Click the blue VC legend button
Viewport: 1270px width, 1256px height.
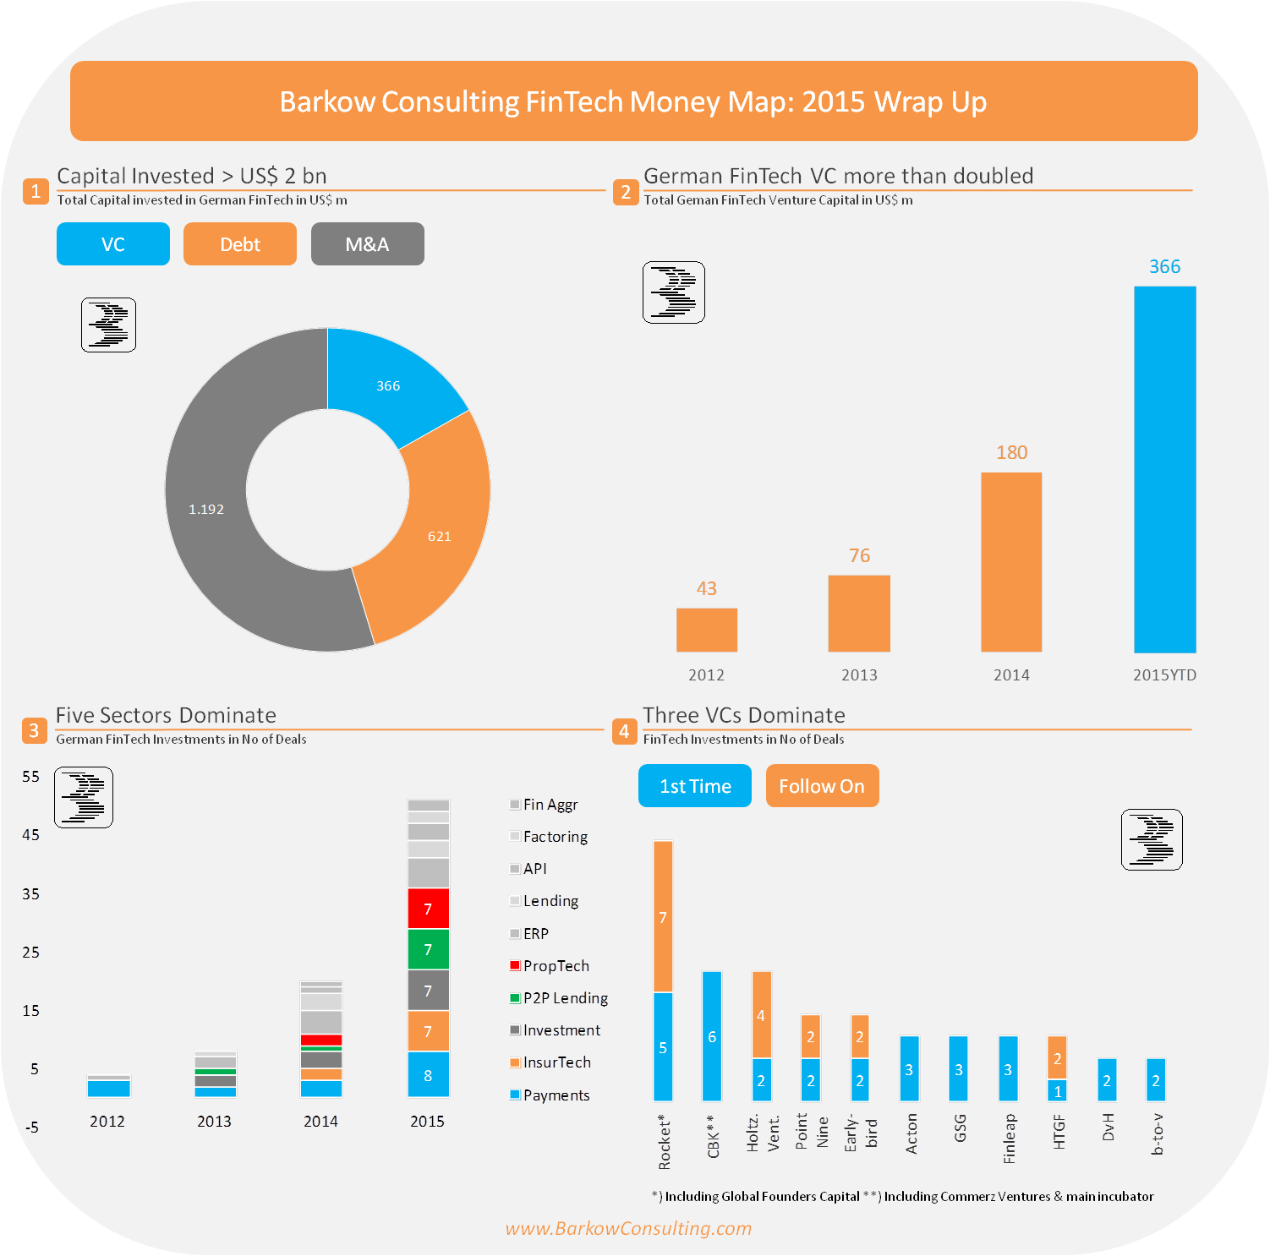[x=113, y=244]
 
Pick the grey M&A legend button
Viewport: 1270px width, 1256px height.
[x=367, y=244]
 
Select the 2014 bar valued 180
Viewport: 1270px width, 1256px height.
[x=1011, y=562]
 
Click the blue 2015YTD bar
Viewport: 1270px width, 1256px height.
[x=1164, y=469]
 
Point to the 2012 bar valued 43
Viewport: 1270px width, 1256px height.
[x=707, y=630]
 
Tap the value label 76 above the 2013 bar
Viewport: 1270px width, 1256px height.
[x=859, y=555]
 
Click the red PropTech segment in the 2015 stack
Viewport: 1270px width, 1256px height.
[x=428, y=909]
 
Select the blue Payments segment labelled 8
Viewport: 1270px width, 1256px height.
[x=428, y=1075]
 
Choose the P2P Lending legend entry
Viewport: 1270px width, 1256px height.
[x=559, y=998]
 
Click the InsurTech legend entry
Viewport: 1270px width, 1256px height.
[x=550, y=1062]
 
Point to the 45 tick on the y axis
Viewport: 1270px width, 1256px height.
[x=31, y=835]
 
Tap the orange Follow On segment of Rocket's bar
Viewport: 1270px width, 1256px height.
[x=663, y=916]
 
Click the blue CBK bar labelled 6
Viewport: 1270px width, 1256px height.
[x=712, y=1036]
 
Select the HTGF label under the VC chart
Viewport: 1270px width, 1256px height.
[x=1059, y=1132]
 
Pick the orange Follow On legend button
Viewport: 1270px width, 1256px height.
[x=822, y=786]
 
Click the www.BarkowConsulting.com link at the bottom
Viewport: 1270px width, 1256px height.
[x=628, y=1228]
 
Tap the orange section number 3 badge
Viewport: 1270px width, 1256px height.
[x=34, y=730]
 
